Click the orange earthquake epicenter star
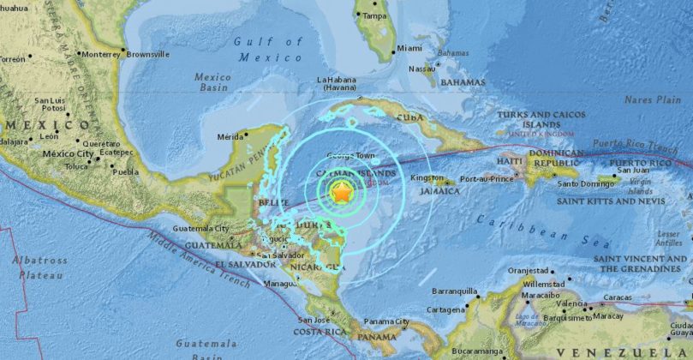pyautogui.click(x=341, y=194)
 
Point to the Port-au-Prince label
pyautogui.click(x=486, y=178)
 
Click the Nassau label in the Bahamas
pyautogui.click(x=421, y=68)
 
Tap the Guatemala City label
pyautogui.click(x=200, y=229)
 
